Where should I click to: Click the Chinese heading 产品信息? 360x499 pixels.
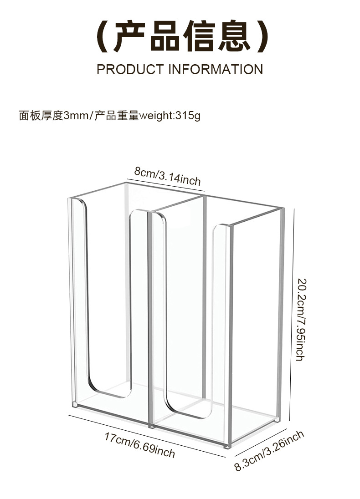tap(180, 36)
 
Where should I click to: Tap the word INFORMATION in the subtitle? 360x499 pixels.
tap(216, 70)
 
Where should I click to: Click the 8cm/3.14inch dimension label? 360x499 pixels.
tap(167, 176)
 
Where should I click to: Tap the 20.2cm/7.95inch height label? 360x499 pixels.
tap(300, 319)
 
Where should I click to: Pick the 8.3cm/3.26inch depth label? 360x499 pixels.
tap(269, 451)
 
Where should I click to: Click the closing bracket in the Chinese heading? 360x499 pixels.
tap(261, 36)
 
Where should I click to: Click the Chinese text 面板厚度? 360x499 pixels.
tap(41, 116)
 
